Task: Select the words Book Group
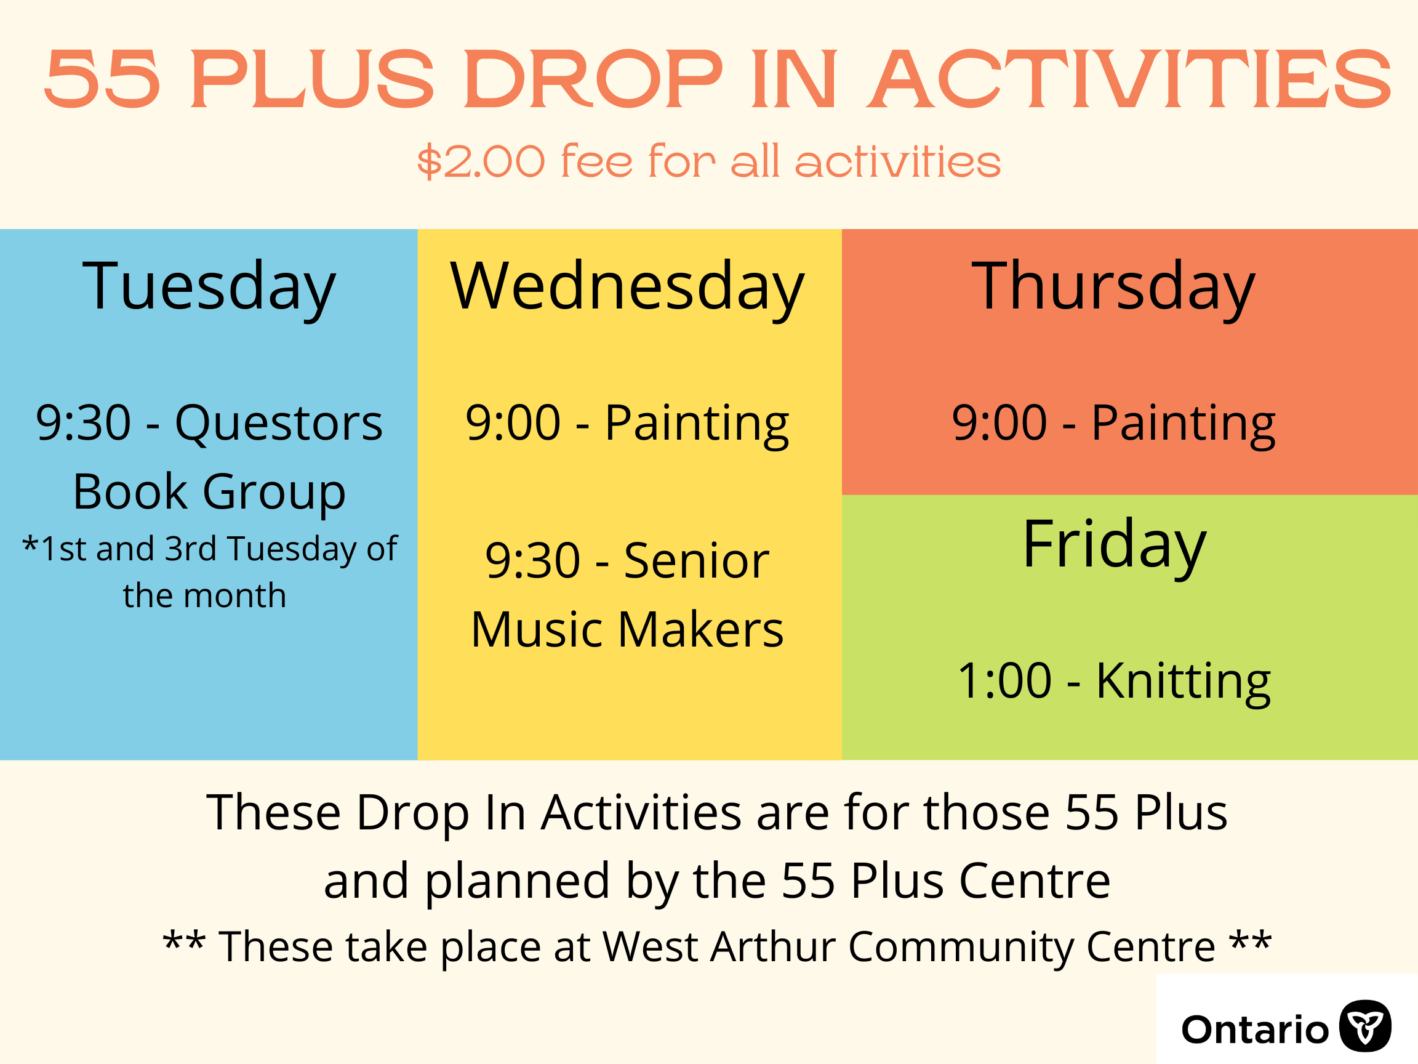pos(210,493)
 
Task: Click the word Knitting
pos(1183,682)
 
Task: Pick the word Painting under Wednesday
pos(697,425)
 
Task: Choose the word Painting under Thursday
pos(1184,425)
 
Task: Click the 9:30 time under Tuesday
pos(83,423)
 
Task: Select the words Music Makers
pos(627,630)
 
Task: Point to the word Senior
pos(696,561)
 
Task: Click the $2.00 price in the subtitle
pos(481,161)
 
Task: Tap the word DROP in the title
pos(593,79)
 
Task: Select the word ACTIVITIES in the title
pos(1128,79)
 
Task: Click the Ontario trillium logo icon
pos(1366,1026)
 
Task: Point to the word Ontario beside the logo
pos(1255,1030)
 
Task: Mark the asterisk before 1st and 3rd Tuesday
pos(30,544)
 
